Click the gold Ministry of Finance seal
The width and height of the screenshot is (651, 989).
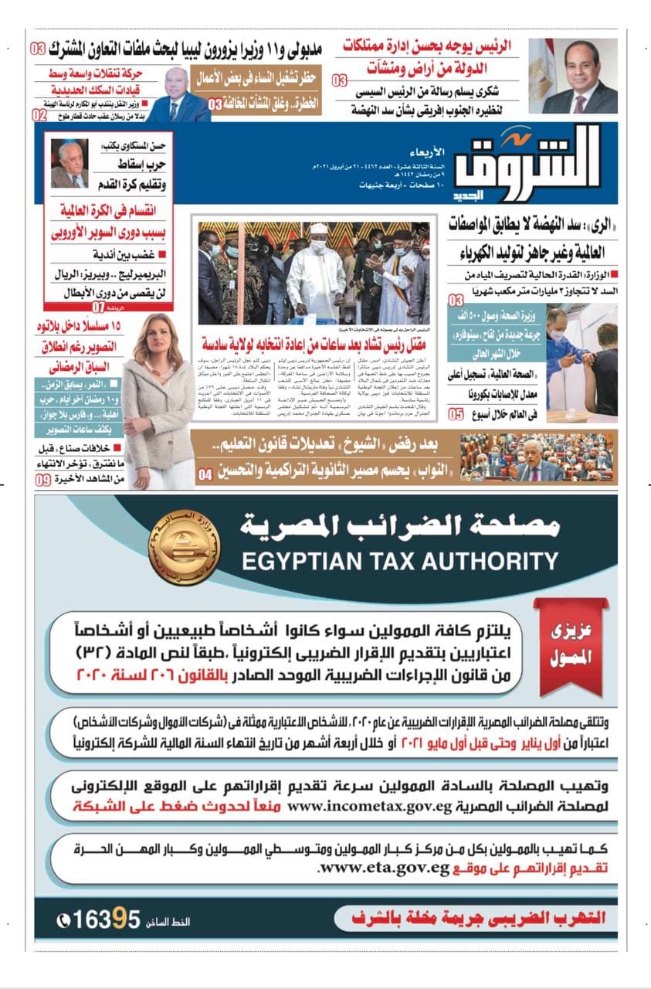[184, 546]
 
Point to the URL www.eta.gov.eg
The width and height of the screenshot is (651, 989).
[383, 868]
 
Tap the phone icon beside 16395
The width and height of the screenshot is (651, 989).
[63, 921]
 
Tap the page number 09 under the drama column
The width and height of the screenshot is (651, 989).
[43, 480]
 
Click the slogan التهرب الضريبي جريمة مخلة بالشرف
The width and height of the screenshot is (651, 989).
[480, 919]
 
